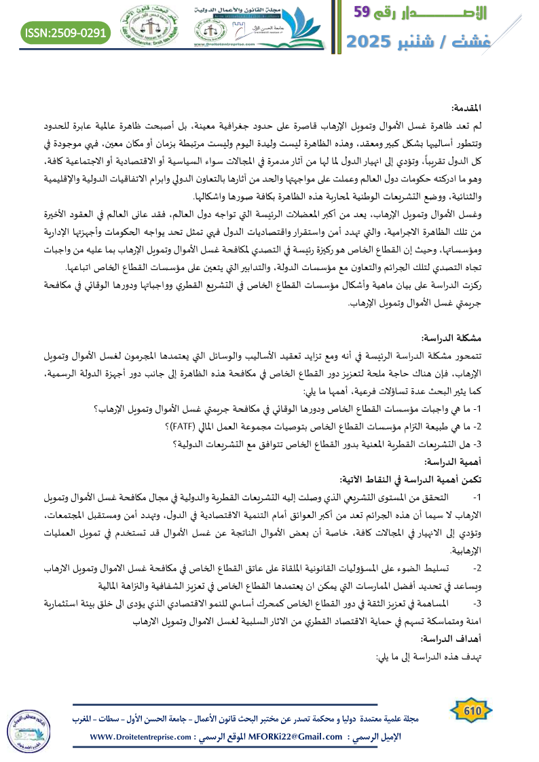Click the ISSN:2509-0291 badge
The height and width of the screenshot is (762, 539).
pyautogui.click(x=67, y=33)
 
